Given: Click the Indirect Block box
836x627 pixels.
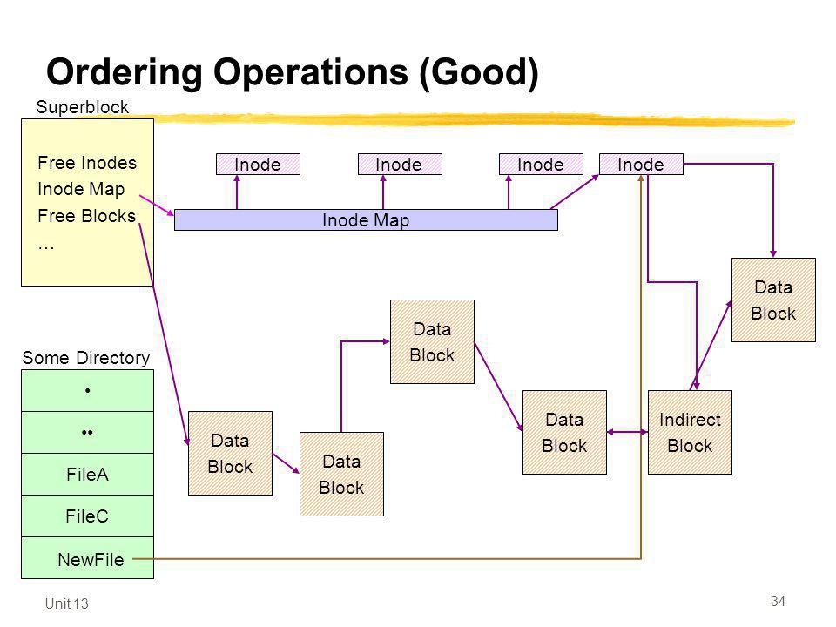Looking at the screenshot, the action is (x=690, y=433).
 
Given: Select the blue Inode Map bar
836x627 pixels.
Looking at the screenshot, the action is (x=366, y=219).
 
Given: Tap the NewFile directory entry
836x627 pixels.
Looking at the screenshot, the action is (x=87, y=557).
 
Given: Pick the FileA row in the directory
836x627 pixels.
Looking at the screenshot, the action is (x=87, y=474).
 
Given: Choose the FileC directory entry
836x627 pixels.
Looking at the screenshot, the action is (x=87, y=516).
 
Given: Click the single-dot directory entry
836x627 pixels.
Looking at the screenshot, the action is (x=87, y=390).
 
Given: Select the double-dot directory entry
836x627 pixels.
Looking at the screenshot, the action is (x=87, y=433).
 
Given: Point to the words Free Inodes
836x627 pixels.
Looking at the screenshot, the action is (x=87, y=163).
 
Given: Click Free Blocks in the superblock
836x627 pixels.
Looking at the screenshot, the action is (x=86, y=216).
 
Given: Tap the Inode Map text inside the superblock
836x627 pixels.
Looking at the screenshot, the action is (x=81, y=189).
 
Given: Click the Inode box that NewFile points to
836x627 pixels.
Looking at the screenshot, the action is (x=641, y=165).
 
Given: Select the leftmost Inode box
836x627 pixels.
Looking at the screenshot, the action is (x=258, y=165).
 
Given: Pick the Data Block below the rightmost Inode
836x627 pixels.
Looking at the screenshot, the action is (x=773, y=300).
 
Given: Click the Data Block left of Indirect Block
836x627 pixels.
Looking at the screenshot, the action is (x=564, y=433).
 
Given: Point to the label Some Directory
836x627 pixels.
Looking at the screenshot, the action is (x=86, y=358).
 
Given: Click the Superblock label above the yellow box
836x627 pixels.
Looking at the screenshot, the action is (x=82, y=107).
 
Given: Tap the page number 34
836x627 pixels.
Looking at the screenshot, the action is (x=778, y=601).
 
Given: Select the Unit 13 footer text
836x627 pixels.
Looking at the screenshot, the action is (x=67, y=603).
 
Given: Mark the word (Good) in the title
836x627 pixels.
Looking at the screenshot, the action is (x=479, y=73).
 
